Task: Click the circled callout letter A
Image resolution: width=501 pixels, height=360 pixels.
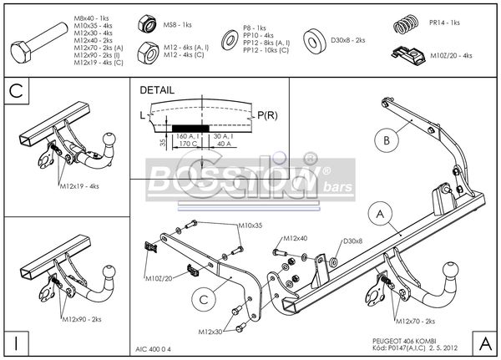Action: tap(380, 215)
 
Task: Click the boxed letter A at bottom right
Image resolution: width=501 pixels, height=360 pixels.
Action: tap(484, 343)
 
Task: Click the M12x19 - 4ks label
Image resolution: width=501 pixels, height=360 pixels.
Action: tap(79, 185)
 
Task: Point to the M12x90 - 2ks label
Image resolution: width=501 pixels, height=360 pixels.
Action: tap(81, 319)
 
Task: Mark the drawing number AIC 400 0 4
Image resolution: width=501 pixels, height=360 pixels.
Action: tap(156, 349)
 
